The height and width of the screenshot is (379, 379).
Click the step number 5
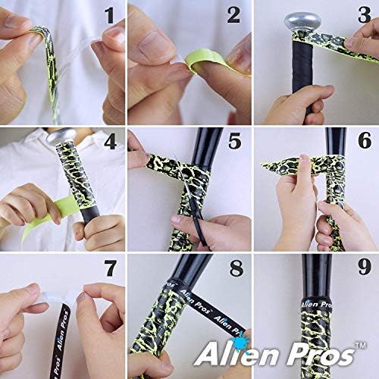coord(233,143)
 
